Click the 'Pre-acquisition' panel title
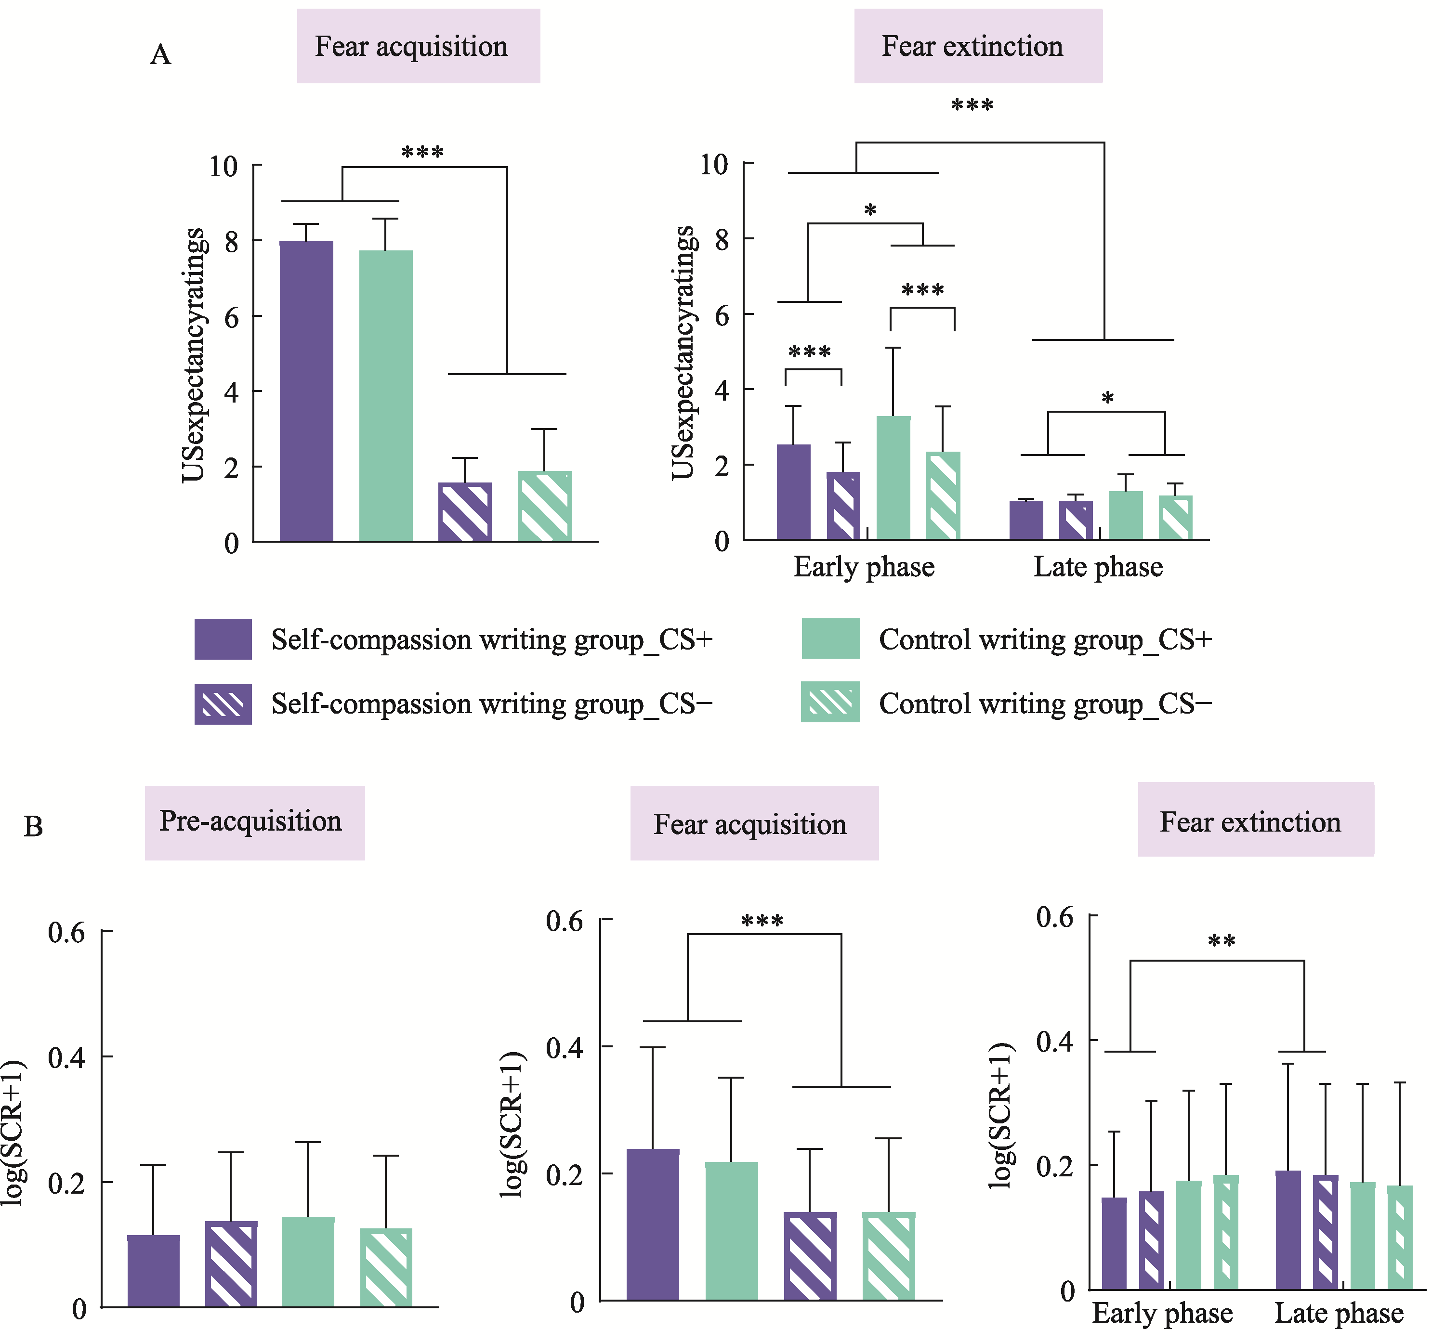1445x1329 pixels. [x=251, y=821]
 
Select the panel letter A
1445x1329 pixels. [x=160, y=55]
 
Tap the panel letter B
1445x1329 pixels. [x=33, y=827]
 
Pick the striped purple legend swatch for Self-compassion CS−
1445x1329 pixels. [x=223, y=704]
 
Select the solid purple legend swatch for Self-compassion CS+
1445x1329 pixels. [x=223, y=638]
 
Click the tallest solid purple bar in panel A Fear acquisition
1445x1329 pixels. [x=306, y=392]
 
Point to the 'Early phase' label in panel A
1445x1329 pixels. [x=864, y=567]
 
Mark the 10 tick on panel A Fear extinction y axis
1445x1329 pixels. [x=714, y=165]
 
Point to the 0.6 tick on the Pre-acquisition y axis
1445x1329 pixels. [x=66, y=933]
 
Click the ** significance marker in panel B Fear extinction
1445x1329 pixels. [x=1222, y=941]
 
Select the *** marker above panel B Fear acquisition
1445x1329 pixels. [x=762, y=921]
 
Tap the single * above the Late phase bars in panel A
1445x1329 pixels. [x=1108, y=398]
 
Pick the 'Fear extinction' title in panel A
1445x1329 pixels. [x=972, y=47]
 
